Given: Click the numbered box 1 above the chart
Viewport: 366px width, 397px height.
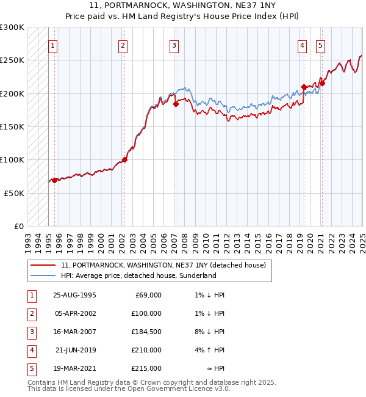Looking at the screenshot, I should [53, 45].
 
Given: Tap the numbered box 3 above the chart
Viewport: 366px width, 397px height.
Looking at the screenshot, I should [174, 45].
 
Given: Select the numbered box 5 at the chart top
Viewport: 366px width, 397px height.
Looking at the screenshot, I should [320, 45].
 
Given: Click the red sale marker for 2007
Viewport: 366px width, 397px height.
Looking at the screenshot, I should [175, 104].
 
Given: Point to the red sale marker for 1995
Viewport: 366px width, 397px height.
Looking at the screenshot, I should [54, 180].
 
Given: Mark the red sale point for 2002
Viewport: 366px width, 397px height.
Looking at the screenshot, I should [124, 160].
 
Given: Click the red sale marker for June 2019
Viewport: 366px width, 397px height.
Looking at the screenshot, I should [304, 87].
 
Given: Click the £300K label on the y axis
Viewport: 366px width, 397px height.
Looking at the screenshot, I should [12, 27].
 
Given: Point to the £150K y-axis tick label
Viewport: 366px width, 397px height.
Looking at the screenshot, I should [12, 127].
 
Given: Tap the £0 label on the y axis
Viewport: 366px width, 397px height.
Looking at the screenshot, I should [18, 226].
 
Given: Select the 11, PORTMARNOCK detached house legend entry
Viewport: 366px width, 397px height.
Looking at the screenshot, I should [163, 266].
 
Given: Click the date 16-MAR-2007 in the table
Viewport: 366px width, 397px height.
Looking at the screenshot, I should [74, 332].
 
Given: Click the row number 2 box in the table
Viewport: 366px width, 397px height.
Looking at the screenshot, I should [30, 313].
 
